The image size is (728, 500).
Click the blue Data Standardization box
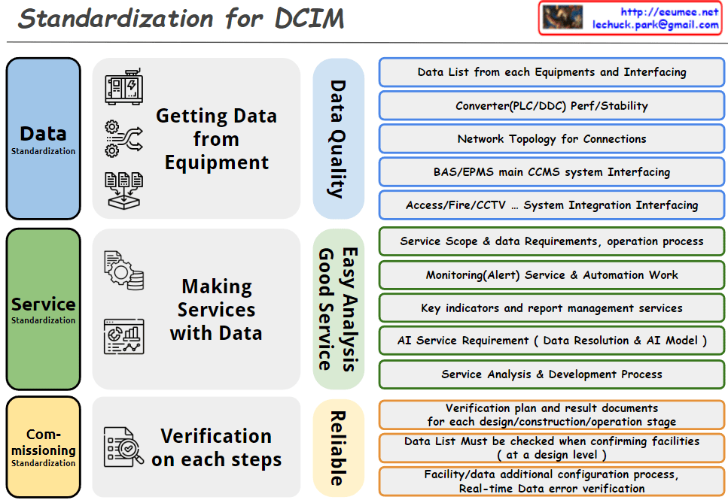tap(43, 138)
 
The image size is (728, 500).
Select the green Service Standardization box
tap(43, 309)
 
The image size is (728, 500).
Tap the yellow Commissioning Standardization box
tap(43, 447)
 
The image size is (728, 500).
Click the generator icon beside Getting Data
tap(124, 86)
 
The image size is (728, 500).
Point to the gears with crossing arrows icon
tap(124, 138)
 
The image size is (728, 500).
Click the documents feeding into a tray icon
tap(124, 191)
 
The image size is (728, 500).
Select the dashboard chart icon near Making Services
tap(124, 337)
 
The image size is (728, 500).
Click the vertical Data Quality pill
tap(339, 138)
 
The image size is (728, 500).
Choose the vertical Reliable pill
tap(339, 448)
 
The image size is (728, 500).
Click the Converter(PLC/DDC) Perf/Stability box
tap(552, 106)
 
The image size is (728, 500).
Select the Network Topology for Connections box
tap(552, 138)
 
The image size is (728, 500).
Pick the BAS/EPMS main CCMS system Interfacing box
tap(552, 172)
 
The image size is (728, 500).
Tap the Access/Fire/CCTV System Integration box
tap(552, 205)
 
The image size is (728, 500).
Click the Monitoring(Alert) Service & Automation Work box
tap(552, 275)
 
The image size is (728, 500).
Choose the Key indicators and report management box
tap(552, 308)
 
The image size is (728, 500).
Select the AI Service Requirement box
tap(552, 341)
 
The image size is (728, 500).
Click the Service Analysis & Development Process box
tap(552, 374)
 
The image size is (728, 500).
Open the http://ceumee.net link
tap(669, 12)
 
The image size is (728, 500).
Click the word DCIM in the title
tap(309, 19)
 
